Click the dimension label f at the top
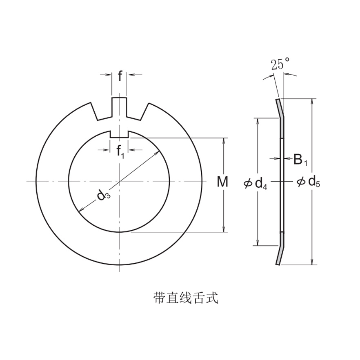click(x=120, y=76)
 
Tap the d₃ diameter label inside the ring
click(x=103, y=196)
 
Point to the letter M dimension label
click(x=222, y=182)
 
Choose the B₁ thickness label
click(x=300, y=160)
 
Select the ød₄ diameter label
click(x=256, y=184)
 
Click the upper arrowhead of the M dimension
click(x=224, y=140)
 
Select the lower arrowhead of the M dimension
click(x=224, y=229)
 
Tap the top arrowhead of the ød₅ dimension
click(x=313, y=101)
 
